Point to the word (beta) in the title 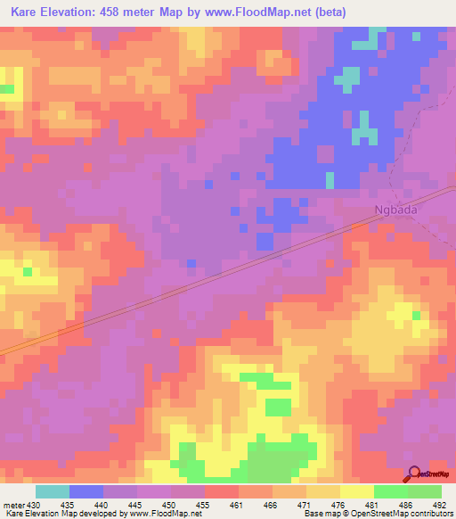click(x=327, y=12)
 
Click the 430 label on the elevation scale click(x=34, y=504)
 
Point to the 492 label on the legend click(x=441, y=504)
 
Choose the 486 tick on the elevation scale click(x=408, y=504)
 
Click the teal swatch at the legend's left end click(x=53, y=491)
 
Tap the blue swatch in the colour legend click(x=86, y=491)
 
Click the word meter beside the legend click(x=12, y=504)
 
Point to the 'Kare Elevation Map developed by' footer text click(x=61, y=514)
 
